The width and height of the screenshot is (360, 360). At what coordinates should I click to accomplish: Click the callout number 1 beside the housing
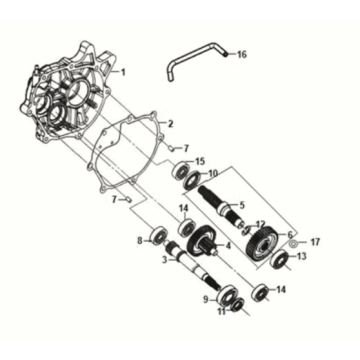point(124,74)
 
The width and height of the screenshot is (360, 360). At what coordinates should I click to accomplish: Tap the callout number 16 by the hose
point(241,54)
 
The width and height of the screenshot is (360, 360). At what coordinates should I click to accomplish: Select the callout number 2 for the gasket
point(171,124)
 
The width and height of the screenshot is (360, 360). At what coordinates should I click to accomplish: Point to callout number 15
point(200,161)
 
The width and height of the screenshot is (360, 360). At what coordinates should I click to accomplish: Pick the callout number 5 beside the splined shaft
point(241,206)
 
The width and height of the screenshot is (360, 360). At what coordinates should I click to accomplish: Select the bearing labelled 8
point(158,236)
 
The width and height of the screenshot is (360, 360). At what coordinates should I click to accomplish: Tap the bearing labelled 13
point(281,262)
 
